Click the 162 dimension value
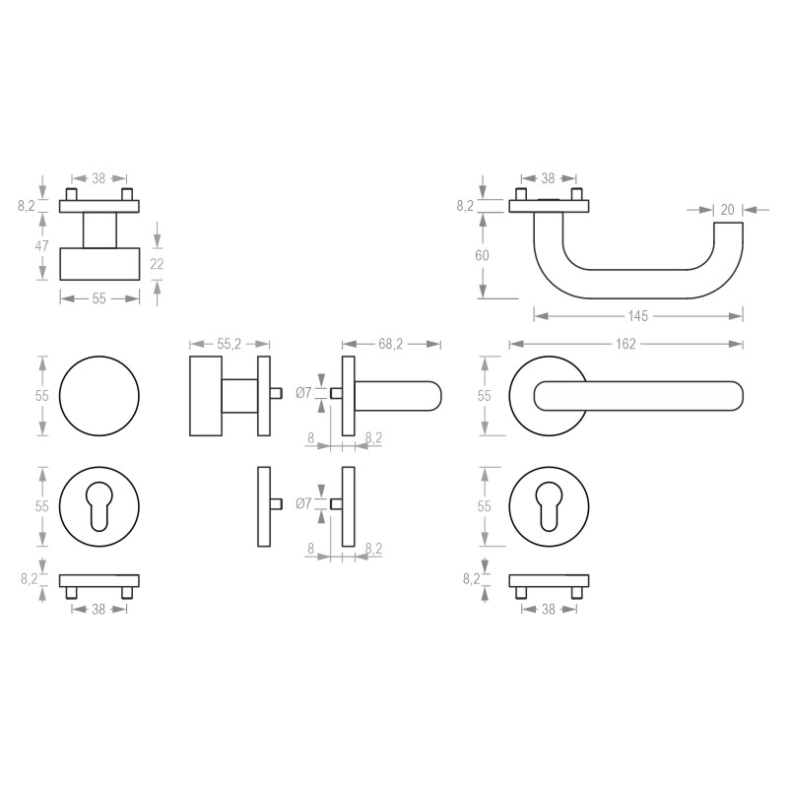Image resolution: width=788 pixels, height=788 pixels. [626, 344]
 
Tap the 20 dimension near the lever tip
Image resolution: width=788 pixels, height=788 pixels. [728, 209]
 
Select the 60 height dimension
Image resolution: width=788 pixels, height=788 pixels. [482, 255]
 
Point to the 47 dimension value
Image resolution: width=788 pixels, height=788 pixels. [41, 246]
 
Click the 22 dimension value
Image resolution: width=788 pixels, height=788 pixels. [157, 263]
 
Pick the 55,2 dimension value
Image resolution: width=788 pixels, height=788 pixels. [229, 344]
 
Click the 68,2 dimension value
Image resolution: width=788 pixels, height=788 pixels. [391, 344]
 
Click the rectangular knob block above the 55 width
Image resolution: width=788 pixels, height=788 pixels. [99, 263]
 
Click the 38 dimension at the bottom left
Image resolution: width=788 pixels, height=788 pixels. [99, 610]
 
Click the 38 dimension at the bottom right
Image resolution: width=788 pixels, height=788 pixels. [550, 610]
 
